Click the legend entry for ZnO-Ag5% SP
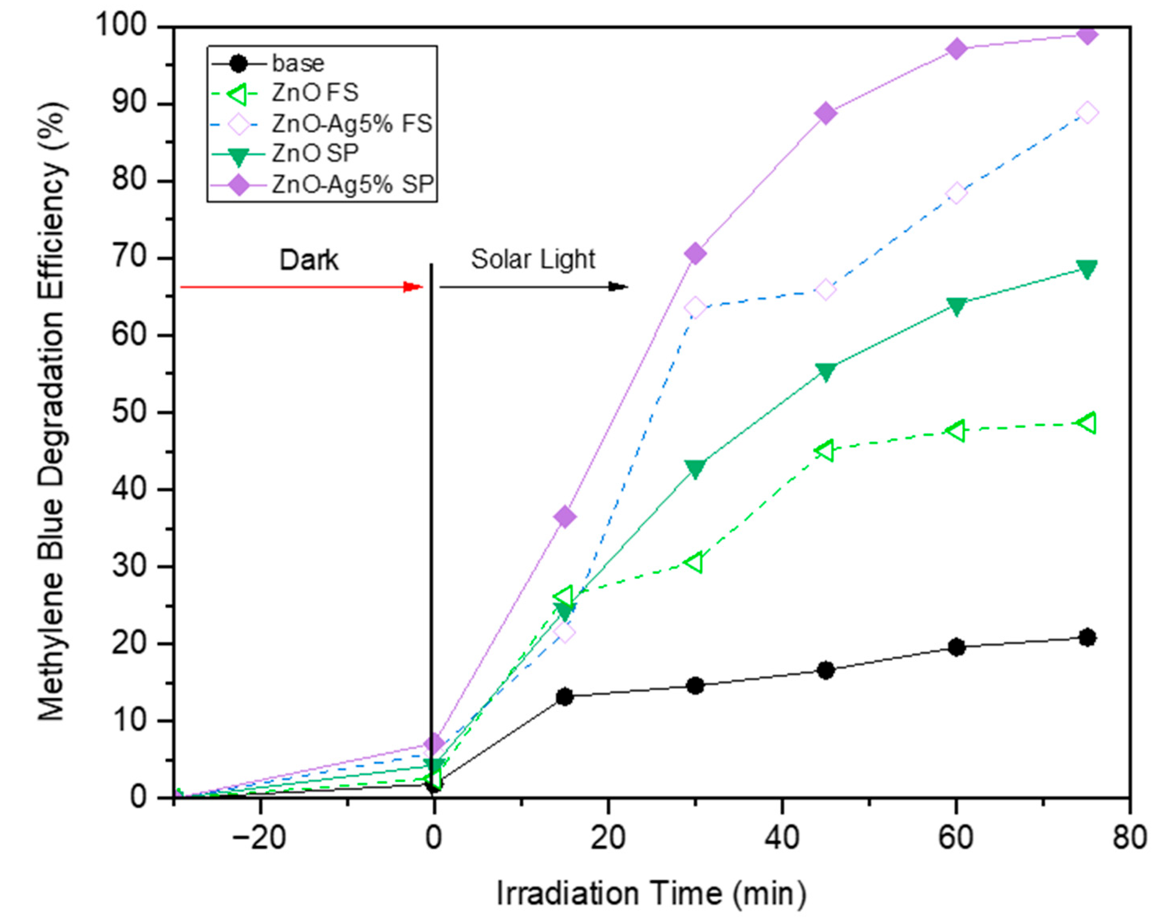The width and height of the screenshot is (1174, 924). click(x=352, y=185)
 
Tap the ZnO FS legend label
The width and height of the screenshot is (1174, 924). click(x=315, y=93)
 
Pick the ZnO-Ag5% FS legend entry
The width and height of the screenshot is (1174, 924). click(x=352, y=124)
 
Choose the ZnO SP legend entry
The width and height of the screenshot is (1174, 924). click(x=315, y=154)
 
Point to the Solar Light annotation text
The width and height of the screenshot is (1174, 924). click(x=533, y=259)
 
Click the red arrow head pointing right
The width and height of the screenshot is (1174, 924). click(x=414, y=287)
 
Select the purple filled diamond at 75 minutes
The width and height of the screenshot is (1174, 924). click(x=1087, y=35)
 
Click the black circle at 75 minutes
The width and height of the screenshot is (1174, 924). click(x=1087, y=637)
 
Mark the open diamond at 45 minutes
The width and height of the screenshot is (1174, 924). click(x=825, y=290)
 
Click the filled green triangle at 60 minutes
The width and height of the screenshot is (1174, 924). click(x=957, y=307)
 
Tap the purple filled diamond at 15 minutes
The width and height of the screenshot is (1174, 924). click(x=564, y=517)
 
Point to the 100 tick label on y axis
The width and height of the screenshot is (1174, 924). click(x=121, y=26)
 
